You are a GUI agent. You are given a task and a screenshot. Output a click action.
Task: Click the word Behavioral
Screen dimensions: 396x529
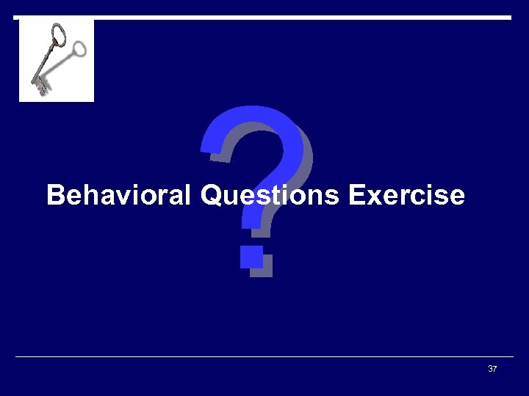tap(118, 196)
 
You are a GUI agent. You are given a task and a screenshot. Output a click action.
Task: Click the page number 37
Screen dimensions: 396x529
tap(492, 369)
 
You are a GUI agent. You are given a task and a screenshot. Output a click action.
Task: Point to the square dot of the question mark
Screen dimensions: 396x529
tap(252, 257)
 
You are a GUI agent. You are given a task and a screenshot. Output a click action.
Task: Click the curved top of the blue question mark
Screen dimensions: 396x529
tap(257, 121)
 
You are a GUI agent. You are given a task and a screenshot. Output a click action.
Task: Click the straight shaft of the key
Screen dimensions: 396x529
tap(47, 63)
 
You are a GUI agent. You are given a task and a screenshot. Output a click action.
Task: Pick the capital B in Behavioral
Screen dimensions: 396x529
tap(54, 196)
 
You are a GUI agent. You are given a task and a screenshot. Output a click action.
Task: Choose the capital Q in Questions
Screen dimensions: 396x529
tap(209, 196)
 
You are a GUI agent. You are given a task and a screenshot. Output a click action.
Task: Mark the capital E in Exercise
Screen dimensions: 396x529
tap(356, 196)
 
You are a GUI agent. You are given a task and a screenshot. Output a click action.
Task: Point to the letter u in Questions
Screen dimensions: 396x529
tap(226, 197)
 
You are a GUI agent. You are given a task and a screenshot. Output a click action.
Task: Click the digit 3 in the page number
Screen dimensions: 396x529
tap(490, 369)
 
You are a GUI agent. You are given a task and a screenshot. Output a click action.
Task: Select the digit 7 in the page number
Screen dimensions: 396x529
tap(494, 369)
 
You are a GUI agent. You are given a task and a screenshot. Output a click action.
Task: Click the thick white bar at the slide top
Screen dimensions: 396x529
tap(294, 17)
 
